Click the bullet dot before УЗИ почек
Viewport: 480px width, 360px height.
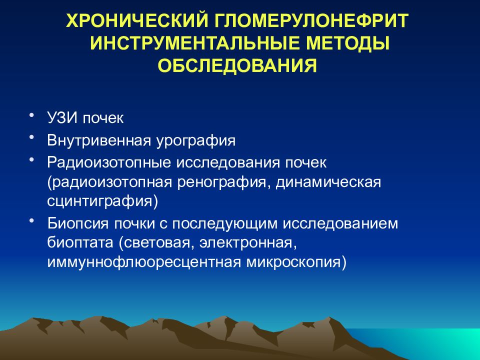[x=32, y=115]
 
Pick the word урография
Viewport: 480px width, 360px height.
[x=194, y=140]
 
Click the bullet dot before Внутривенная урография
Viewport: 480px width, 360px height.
[x=32, y=137]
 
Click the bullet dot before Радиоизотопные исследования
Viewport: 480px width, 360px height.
[x=32, y=159]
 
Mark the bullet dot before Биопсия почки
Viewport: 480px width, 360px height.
[x=32, y=219]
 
